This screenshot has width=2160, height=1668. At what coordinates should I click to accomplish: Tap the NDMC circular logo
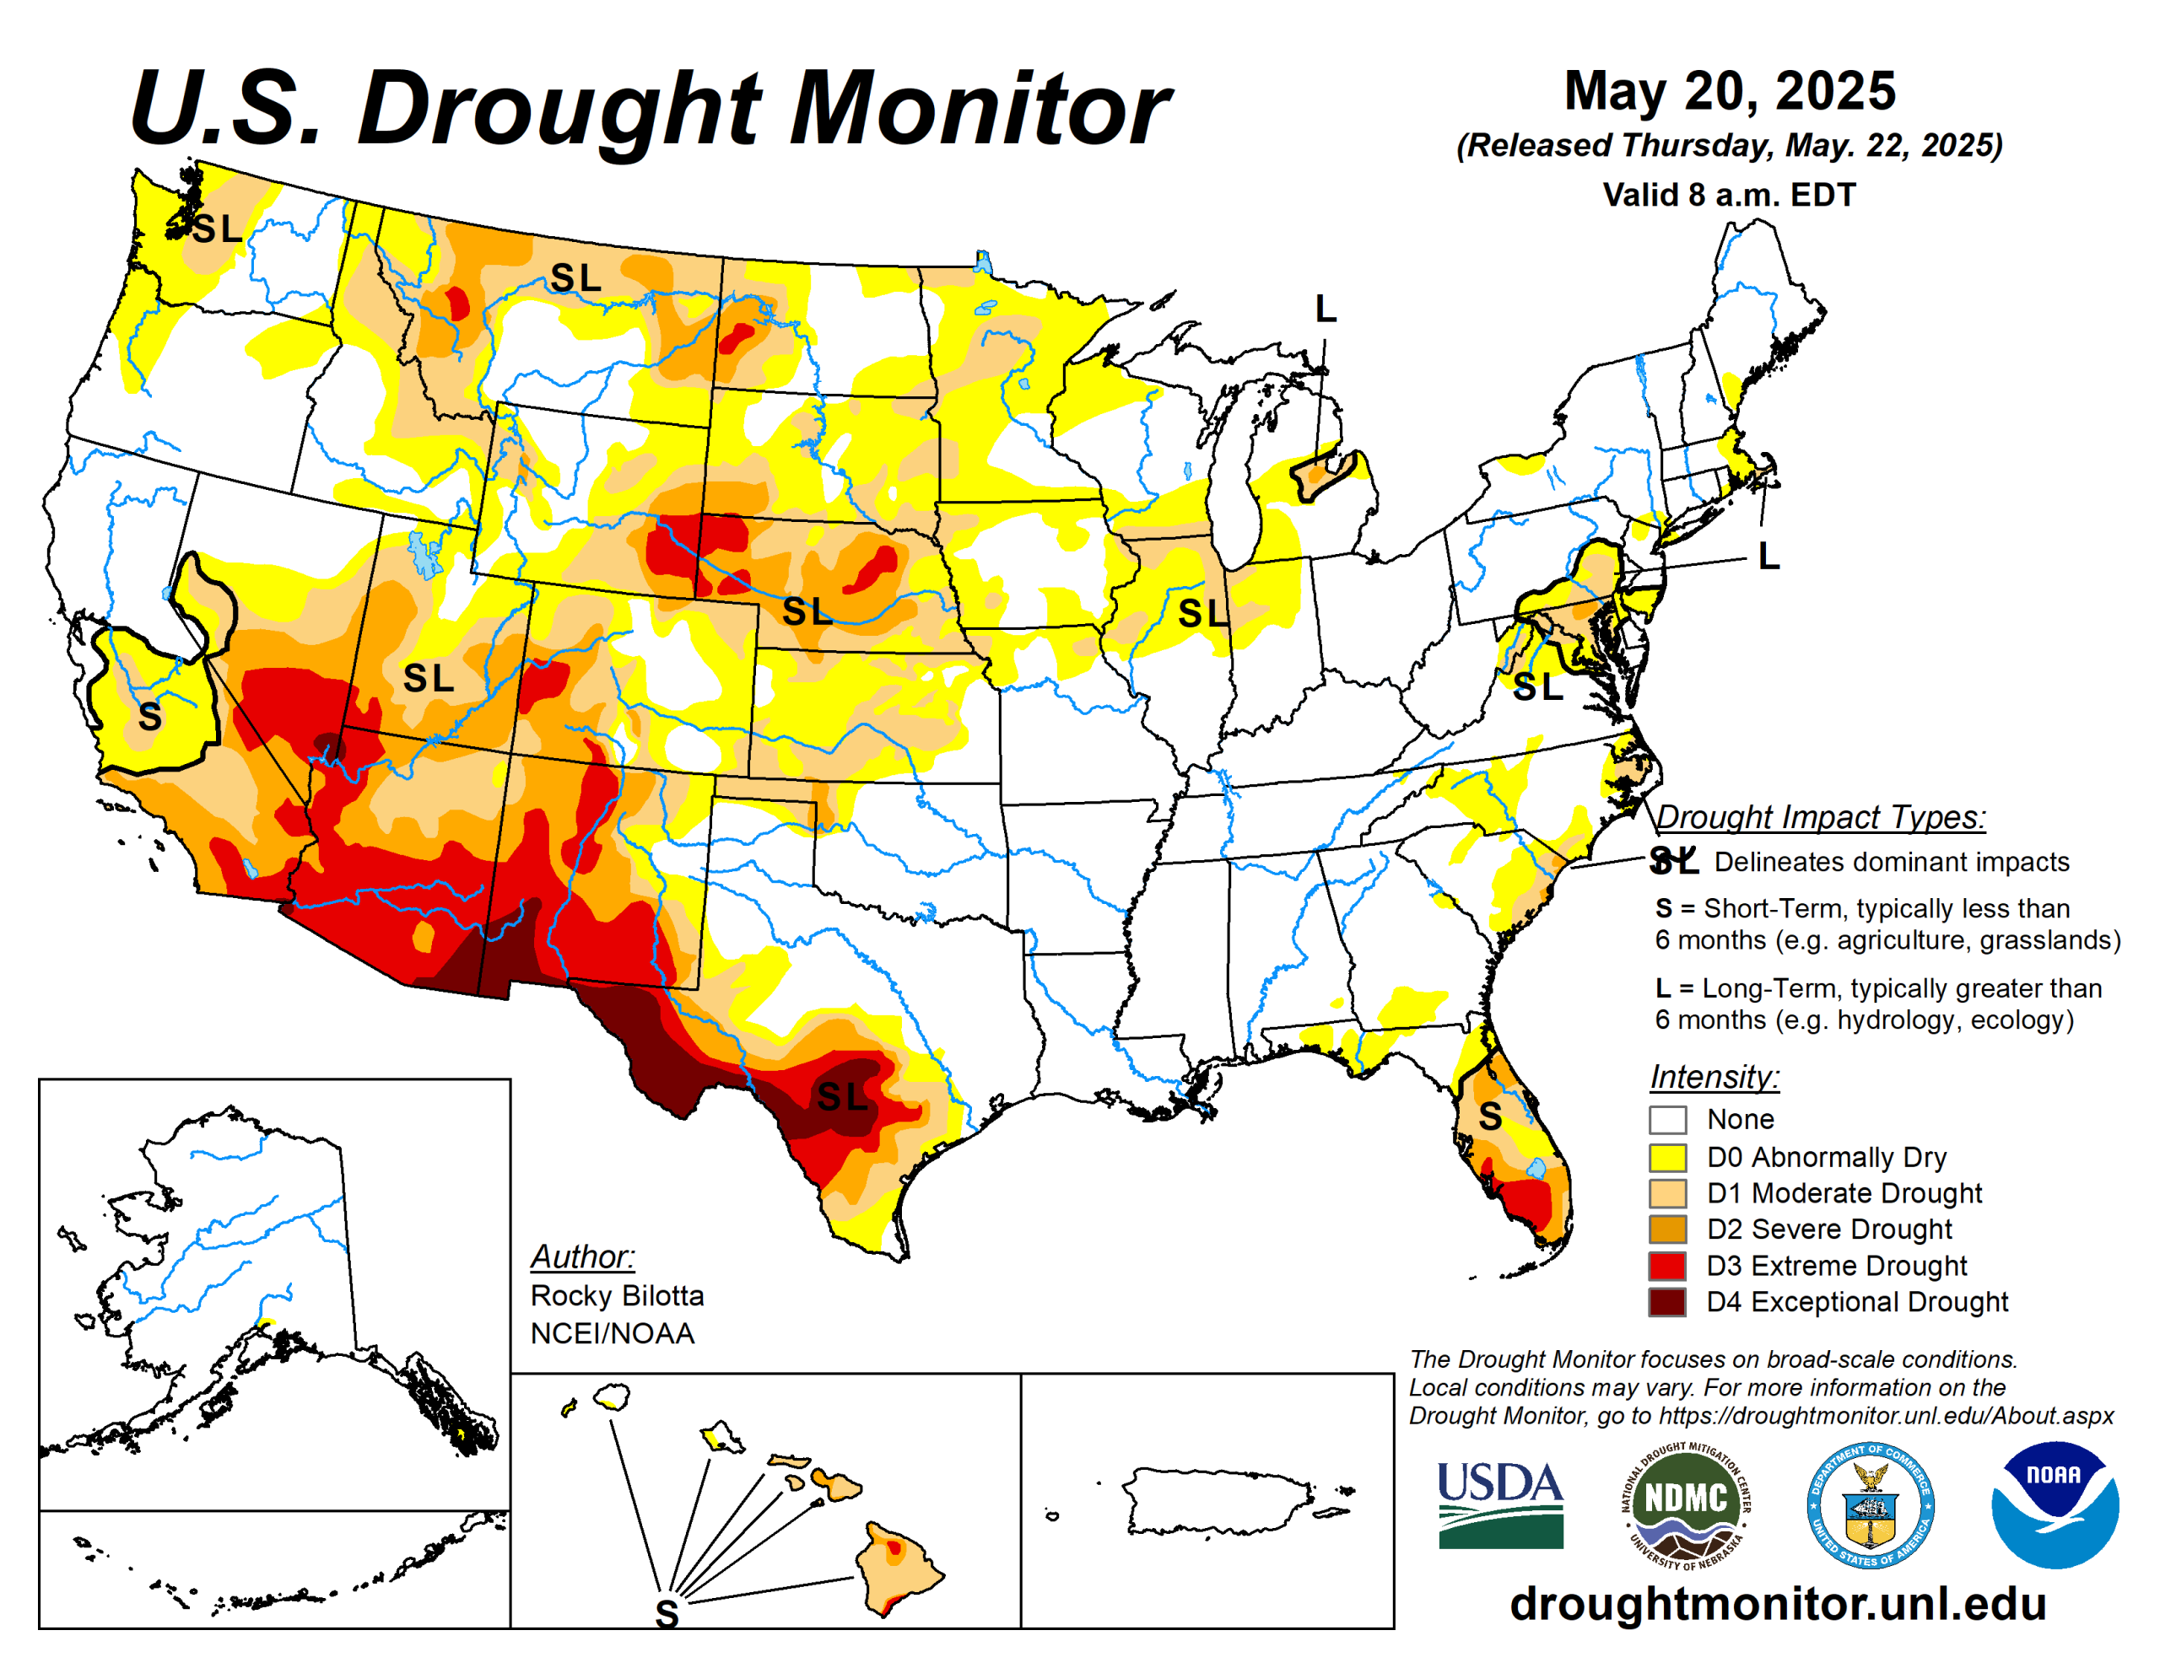[x=1685, y=1505]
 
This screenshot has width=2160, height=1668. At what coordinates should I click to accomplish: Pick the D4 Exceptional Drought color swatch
[x=1666, y=1301]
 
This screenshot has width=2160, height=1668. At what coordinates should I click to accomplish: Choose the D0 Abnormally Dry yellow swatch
[x=1666, y=1157]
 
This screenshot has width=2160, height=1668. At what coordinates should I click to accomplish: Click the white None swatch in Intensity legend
[x=1666, y=1120]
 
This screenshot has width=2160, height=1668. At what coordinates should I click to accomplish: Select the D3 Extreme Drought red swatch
[x=1666, y=1266]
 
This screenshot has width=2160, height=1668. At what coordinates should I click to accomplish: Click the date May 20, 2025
[x=1730, y=91]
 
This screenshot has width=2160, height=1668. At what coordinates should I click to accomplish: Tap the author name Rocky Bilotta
[x=617, y=1295]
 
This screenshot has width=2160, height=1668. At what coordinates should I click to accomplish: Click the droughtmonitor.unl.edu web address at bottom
[x=1777, y=1604]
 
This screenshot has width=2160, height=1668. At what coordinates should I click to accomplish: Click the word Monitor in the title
[x=979, y=109]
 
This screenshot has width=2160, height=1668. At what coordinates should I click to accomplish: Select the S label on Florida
[x=1489, y=1117]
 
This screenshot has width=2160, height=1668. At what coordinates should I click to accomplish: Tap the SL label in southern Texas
[x=842, y=1096]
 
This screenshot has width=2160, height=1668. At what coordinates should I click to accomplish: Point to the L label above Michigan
[x=1326, y=309]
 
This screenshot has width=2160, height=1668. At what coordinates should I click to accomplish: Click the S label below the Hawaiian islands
[x=667, y=1615]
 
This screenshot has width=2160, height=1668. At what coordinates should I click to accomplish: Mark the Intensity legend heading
[x=1714, y=1076]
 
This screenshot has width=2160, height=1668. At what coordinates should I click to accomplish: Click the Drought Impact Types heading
[x=1820, y=816]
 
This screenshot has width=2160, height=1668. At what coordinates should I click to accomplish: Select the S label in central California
[x=149, y=717]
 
